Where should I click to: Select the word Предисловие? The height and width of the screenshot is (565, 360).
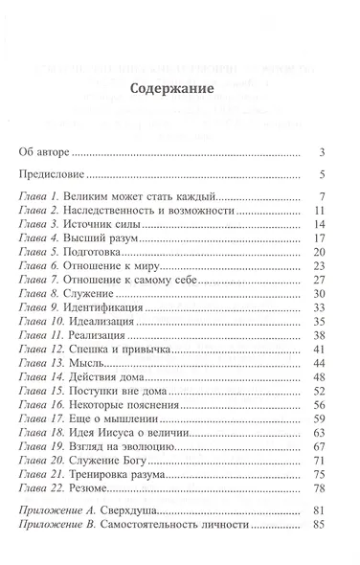[53, 175]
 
